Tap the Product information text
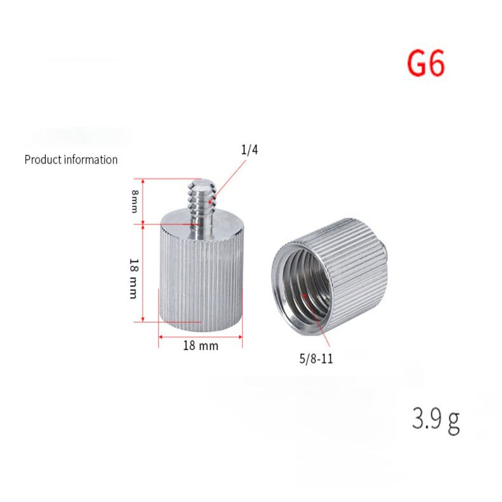tap(71, 160)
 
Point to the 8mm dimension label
tap(134, 201)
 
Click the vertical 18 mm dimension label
tap(133, 278)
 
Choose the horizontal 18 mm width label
tap(201, 346)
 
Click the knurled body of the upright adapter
tap(201, 281)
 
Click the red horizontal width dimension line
tap(201, 336)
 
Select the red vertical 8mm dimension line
tap(144, 201)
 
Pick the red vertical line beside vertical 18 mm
tap(144, 273)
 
